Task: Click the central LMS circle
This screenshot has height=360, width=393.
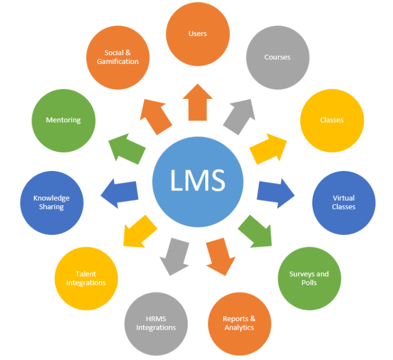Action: [x=197, y=181]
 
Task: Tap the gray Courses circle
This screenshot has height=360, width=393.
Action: [x=277, y=57]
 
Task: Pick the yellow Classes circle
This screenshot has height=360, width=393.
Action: [x=331, y=120]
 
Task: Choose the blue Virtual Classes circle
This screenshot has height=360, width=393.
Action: [x=344, y=202]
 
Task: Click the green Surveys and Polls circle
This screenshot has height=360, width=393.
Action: [x=309, y=277]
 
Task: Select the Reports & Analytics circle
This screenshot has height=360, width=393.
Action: [x=239, y=323]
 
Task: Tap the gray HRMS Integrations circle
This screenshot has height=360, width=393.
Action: [x=156, y=323]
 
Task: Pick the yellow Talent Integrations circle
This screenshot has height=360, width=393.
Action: [x=86, y=278]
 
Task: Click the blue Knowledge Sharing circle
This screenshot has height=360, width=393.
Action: [x=52, y=202]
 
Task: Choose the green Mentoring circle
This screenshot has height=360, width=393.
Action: [x=63, y=120]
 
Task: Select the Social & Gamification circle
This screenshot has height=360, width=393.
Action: [x=118, y=57]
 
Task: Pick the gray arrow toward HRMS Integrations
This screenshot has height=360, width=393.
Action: [x=174, y=255]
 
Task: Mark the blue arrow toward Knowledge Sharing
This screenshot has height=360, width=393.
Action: [x=119, y=193]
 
